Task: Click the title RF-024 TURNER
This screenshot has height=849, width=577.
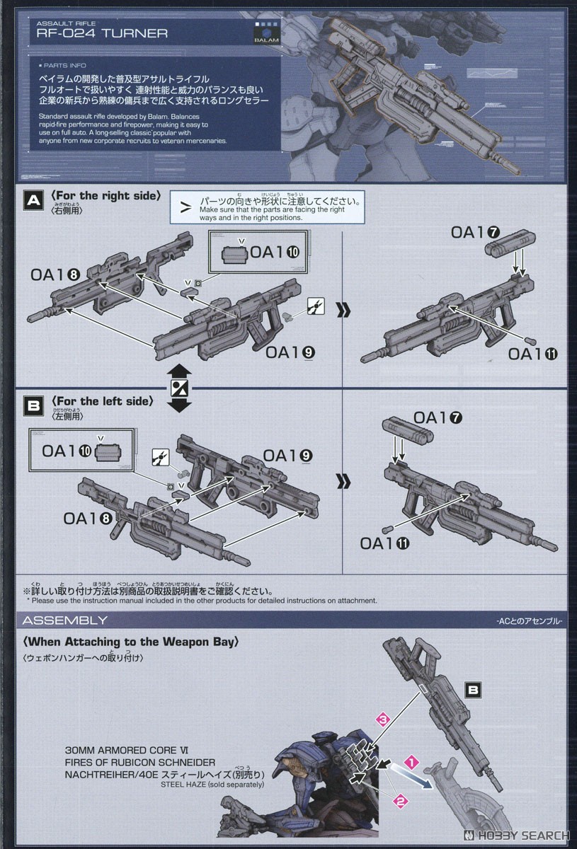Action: pos(103,33)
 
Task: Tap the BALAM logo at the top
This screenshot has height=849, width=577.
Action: pos(266,35)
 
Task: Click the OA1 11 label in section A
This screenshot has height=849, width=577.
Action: pos(532,354)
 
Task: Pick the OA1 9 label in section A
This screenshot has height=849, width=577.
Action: pos(290,353)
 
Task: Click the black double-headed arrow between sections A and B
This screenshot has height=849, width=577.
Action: pos(180,388)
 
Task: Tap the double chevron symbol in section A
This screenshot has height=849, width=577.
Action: pos(343,310)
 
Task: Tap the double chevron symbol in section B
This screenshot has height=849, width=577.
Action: pos(343,482)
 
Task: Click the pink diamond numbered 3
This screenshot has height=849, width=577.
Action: pos(383,720)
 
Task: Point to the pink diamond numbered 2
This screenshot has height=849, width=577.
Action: pos(400,802)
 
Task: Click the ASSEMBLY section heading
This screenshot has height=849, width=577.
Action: pos(65,620)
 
